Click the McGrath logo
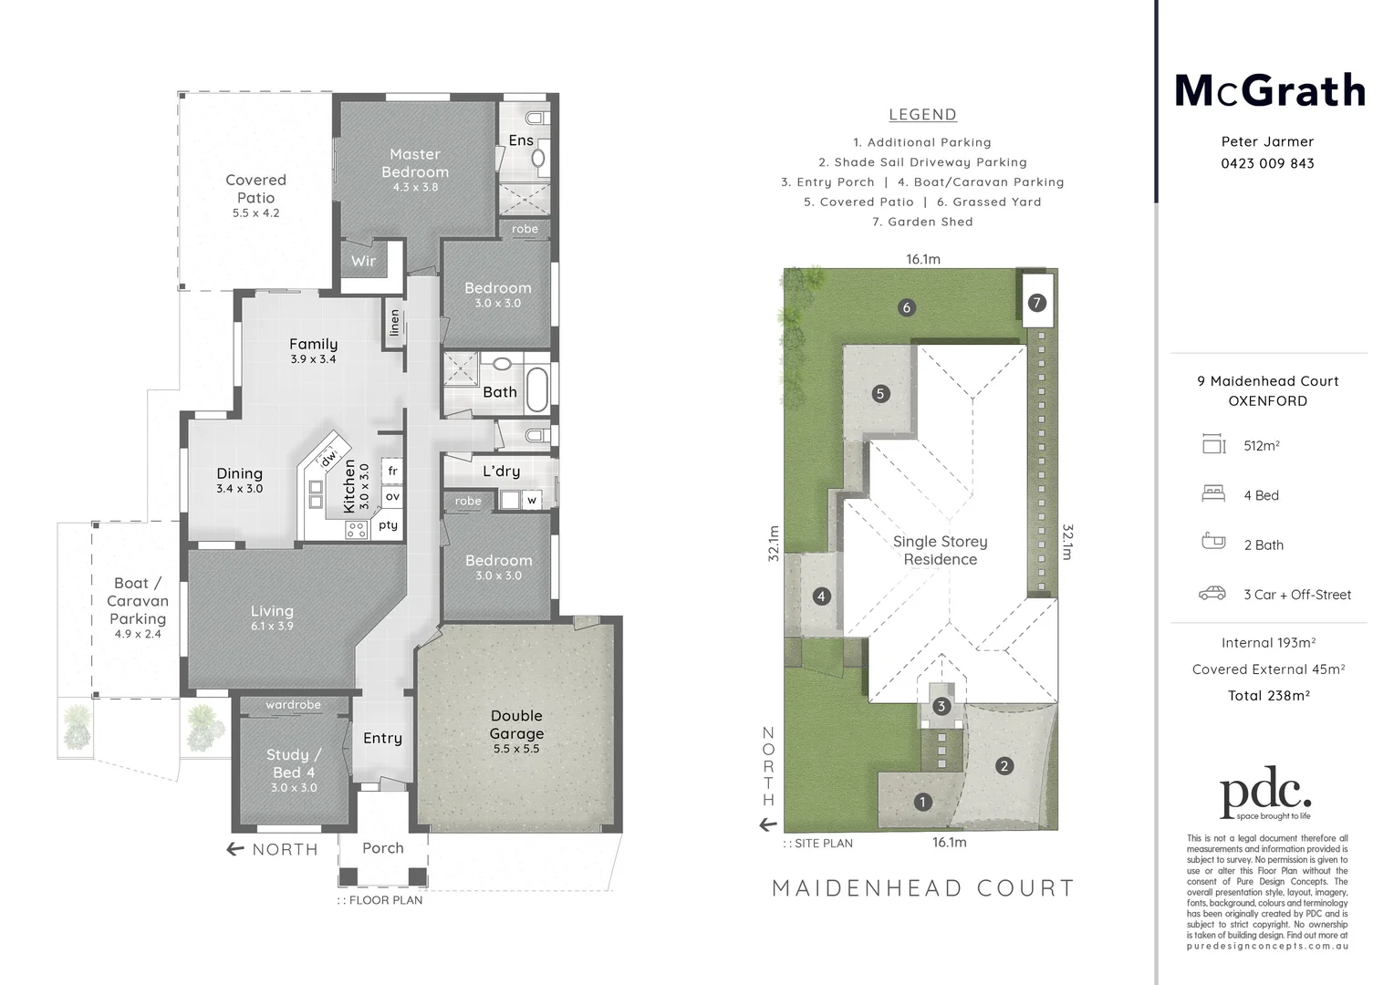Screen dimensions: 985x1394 point(1268,91)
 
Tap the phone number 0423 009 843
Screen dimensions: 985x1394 point(1267,163)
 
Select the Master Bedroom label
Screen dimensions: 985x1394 point(415,163)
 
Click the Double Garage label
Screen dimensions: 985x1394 point(516,725)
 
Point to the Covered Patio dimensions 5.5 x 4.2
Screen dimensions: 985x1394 point(255,213)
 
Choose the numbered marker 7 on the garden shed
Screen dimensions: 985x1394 point(1036,303)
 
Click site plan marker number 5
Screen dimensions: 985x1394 point(880,394)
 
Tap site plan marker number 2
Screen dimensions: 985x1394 point(1004,766)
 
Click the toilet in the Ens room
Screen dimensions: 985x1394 point(536,117)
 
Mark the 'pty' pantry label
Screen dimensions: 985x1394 point(389,525)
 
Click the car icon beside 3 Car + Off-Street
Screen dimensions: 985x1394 point(1212,594)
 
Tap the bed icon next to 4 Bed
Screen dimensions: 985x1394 point(1212,494)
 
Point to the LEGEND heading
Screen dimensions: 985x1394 point(922,115)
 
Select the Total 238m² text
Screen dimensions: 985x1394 point(1268,695)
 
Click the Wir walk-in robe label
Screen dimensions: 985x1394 point(363,261)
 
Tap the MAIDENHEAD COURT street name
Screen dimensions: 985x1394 point(922,887)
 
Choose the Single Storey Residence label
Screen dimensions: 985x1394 point(940,550)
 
